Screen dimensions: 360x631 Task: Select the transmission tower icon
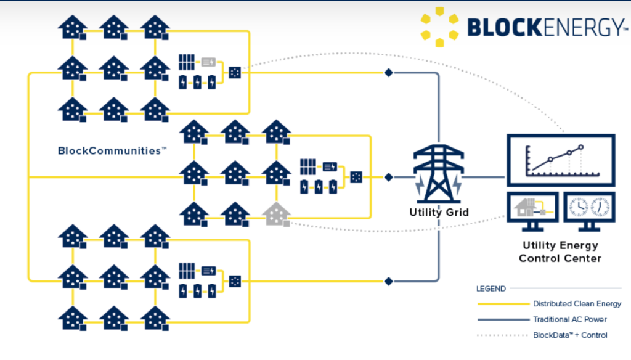tap(438, 176)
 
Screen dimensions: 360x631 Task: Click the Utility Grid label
tap(439, 213)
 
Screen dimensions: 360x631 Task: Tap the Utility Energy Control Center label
tap(560, 252)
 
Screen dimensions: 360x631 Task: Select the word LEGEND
tap(491, 288)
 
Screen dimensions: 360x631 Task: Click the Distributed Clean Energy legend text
tap(577, 304)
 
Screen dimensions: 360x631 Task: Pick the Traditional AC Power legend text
tap(569, 319)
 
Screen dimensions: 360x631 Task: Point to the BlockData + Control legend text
tap(570, 335)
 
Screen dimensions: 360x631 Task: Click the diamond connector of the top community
tap(388, 73)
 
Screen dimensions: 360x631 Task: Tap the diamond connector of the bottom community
tap(388, 281)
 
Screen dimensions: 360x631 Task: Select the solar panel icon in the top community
tap(187, 62)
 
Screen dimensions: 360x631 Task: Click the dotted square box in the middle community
tap(356, 177)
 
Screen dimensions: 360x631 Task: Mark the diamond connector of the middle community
tap(388, 177)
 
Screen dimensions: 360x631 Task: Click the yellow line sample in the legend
tap(502, 304)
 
